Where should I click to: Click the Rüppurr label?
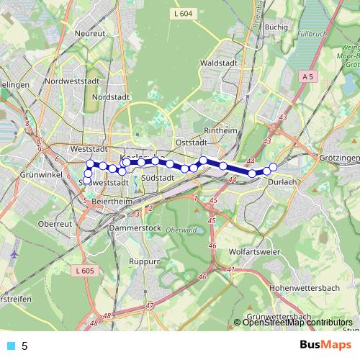[x=143, y=261]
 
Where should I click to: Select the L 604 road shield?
[x=184, y=13]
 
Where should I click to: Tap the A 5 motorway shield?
[x=308, y=76]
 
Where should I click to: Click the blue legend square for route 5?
[x=11, y=346]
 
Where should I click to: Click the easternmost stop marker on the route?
[x=274, y=168]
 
